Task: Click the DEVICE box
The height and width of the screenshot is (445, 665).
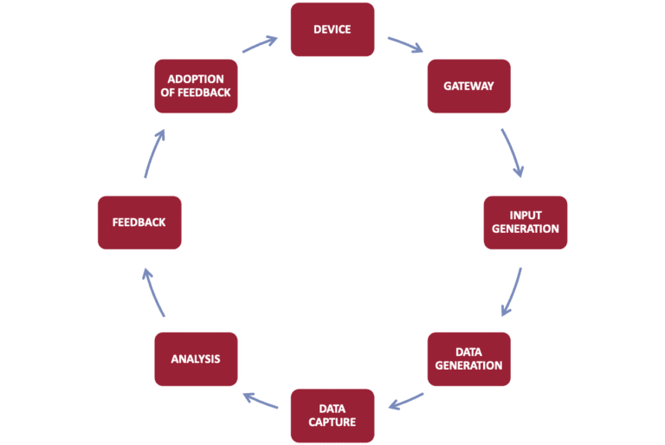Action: click(x=332, y=29)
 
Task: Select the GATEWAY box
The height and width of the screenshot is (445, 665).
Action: click(x=468, y=86)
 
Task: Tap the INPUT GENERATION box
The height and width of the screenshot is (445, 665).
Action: click(x=525, y=222)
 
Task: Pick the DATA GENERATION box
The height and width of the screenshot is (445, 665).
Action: click(x=468, y=358)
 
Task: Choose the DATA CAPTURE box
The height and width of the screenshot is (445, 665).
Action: click(x=332, y=416)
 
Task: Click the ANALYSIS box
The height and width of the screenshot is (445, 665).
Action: click(x=196, y=358)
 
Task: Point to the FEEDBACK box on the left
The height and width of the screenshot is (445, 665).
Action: click(x=139, y=222)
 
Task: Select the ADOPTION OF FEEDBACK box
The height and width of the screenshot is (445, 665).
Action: click(x=196, y=86)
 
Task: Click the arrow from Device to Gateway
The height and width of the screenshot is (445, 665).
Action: click(x=405, y=45)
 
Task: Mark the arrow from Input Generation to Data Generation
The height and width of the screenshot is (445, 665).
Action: click(x=512, y=292)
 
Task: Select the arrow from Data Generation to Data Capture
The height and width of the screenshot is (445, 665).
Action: click(x=405, y=401)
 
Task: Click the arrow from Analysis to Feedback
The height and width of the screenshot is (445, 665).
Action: click(x=152, y=292)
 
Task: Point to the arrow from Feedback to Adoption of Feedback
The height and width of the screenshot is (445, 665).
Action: click(x=152, y=153)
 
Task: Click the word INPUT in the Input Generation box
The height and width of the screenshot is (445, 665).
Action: click(x=526, y=216)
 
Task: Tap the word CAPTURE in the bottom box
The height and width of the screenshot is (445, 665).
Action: click(x=332, y=422)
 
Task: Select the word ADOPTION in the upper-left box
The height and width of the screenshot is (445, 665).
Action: click(x=196, y=80)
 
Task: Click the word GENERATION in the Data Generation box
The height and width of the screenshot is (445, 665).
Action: click(x=468, y=365)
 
